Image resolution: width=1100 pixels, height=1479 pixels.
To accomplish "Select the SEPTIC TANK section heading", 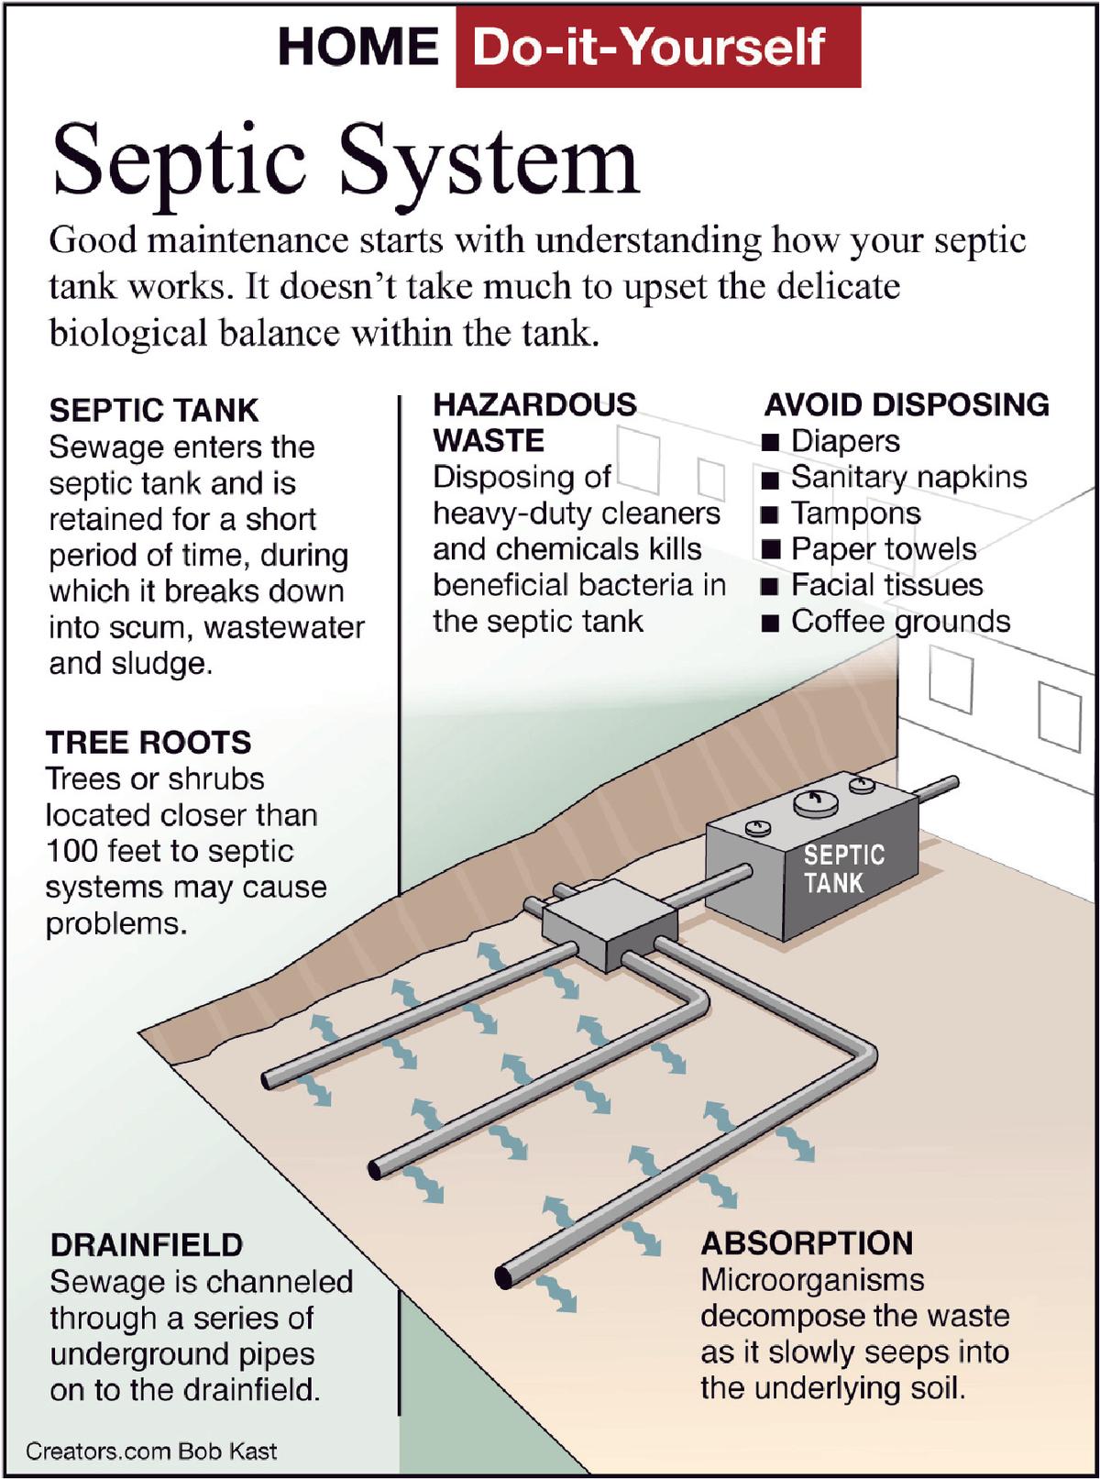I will tap(154, 410).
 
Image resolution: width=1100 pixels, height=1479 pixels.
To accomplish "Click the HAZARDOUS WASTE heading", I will tap(534, 422).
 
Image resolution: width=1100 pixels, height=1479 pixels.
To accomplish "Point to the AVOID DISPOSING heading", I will tap(907, 404).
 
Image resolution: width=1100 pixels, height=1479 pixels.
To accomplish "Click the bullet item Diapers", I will tap(844, 441).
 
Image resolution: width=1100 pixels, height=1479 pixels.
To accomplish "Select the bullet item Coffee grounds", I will tap(899, 622).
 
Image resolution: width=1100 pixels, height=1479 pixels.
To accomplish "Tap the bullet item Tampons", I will tap(855, 513).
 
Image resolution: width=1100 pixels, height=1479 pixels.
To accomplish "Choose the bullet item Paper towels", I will tap(883, 549).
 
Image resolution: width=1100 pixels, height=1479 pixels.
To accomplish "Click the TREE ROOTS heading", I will tap(148, 742).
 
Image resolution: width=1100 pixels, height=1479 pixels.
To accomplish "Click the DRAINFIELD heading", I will tap(147, 1245).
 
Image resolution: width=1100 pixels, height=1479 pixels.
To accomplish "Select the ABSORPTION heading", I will tap(807, 1243).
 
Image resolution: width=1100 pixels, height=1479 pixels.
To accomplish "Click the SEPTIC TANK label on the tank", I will tap(843, 869).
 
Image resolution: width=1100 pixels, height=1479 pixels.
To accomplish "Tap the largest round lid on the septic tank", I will tap(816, 803).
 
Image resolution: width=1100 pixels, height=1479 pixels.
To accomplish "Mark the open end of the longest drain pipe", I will tap(504, 1275).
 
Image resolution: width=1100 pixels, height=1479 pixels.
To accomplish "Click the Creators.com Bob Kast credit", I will tap(151, 1451).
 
